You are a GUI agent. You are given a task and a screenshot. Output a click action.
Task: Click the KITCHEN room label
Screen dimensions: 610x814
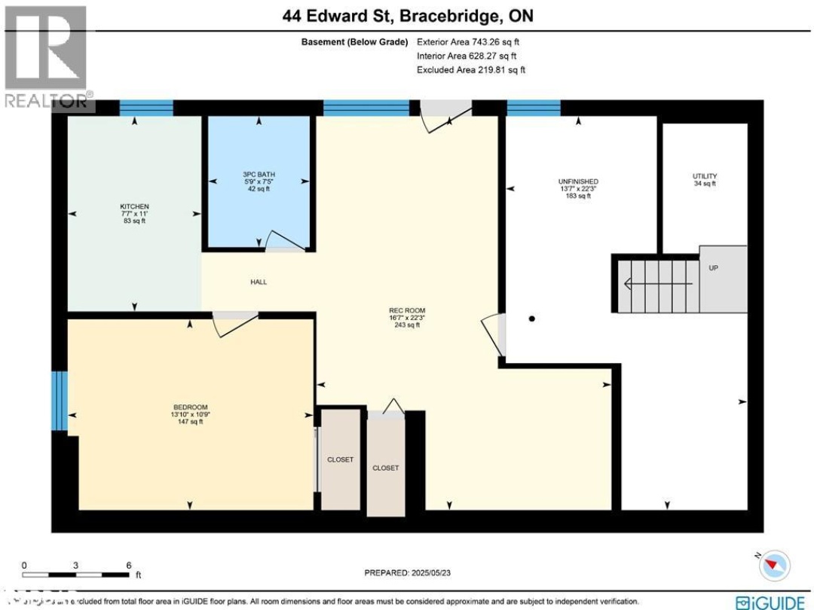[x=134, y=206]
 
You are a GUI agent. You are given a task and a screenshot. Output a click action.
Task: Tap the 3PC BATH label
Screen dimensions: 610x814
[x=259, y=174]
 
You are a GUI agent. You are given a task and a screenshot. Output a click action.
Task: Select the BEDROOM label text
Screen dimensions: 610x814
[x=189, y=407]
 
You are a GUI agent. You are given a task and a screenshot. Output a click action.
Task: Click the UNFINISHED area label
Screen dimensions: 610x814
[x=578, y=181]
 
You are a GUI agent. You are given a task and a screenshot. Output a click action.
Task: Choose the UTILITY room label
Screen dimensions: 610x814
[x=704, y=176]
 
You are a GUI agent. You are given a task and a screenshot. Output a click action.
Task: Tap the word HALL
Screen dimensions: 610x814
[x=259, y=282]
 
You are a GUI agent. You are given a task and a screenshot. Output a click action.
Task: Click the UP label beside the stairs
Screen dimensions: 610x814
[x=712, y=267]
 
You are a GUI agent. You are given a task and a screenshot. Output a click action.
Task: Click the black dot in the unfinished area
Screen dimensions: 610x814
[x=532, y=319]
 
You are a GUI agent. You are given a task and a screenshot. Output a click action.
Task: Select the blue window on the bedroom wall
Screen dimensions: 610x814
[x=59, y=400]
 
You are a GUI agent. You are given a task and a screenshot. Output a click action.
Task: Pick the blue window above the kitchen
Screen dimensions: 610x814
[x=146, y=108]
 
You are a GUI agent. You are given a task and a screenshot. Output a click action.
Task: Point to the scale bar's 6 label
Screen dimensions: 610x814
[x=129, y=565]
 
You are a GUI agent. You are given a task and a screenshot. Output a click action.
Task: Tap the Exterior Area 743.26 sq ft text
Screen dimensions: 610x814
[x=470, y=42]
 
